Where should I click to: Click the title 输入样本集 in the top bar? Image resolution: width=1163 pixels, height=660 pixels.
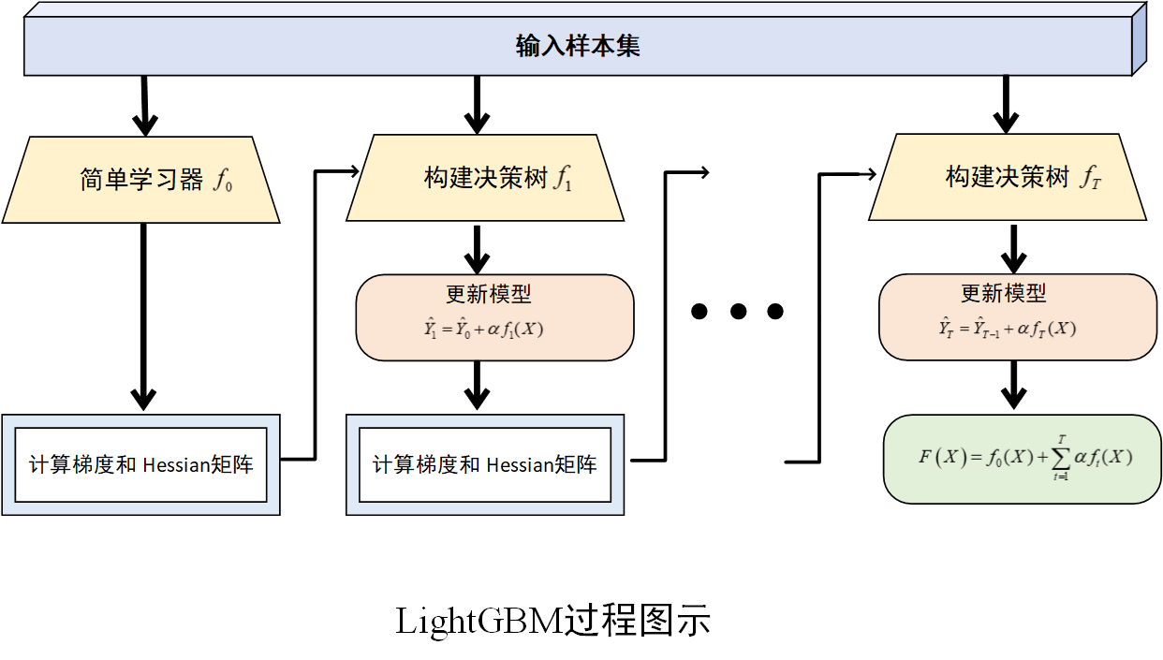(x=578, y=46)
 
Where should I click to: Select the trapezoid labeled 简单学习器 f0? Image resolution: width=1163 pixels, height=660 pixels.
(x=141, y=179)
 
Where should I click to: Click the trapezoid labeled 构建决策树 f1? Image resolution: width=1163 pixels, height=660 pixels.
(x=486, y=179)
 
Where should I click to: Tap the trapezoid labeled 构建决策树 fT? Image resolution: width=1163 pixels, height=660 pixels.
(x=1008, y=178)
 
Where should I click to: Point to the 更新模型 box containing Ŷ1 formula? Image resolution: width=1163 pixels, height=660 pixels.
(x=494, y=316)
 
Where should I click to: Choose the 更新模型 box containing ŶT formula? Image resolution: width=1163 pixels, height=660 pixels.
(x=1017, y=316)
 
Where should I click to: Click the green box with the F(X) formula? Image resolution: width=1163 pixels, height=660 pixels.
(x=1022, y=459)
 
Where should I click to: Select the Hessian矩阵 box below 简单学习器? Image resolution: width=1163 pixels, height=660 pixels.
(x=141, y=464)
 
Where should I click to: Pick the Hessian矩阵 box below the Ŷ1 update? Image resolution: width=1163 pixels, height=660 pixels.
(x=485, y=464)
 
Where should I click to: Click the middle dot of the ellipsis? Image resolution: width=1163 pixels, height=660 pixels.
(x=737, y=312)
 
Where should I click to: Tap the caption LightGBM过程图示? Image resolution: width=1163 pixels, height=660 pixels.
(x=552, y=621)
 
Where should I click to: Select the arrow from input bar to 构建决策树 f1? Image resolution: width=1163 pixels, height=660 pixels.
(x=478, y=105)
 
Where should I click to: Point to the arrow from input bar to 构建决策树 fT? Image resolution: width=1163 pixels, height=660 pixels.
(x=1006, y=105)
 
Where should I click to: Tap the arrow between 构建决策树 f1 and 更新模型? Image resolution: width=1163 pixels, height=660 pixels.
(x=478, y=249)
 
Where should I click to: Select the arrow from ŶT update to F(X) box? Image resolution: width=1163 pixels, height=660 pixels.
(x=1012, y=386)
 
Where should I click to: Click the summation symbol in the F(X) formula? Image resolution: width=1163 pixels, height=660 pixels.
(x=1061, y=458)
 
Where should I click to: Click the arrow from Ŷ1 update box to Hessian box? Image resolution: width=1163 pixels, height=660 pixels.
(x=478, y=385)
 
